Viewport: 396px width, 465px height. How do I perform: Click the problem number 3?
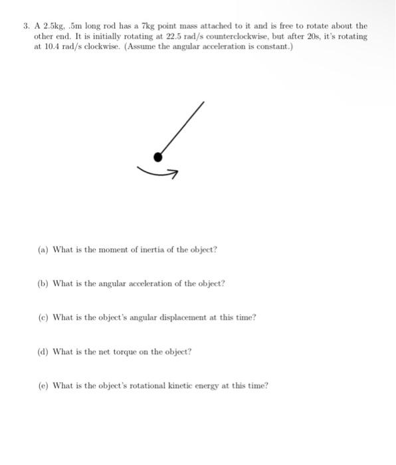point(25,26)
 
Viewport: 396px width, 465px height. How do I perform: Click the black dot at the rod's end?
point(157,157)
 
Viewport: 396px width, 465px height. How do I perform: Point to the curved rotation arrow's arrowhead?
point(174,174)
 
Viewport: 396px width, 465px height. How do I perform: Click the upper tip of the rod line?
point(203,103)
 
